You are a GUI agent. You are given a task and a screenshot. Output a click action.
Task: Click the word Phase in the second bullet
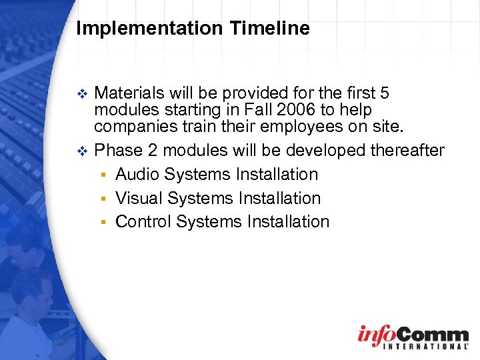coord(117,150)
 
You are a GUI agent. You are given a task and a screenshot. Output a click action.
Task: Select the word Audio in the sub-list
coord(137,174)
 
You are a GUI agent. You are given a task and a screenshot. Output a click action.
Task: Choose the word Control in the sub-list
coord(142,221)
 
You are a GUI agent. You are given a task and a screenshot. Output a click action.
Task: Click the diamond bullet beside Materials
coord(82,92)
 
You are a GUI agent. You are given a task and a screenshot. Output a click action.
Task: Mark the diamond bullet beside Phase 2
coord(82,151)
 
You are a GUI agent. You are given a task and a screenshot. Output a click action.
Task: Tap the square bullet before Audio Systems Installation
coord(103,175)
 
